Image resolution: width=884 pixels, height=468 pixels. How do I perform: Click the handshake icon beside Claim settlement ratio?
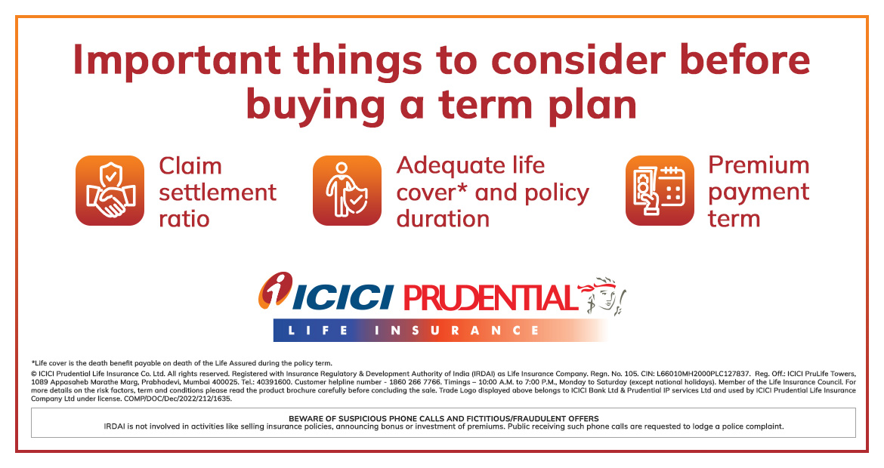(110, 190)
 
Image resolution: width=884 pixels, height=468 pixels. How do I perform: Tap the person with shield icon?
(348, 190)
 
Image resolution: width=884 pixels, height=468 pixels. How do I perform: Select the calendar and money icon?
(660, 190)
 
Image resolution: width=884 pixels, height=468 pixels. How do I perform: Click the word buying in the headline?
(316, 106)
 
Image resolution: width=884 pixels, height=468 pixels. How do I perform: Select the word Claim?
(190, 166)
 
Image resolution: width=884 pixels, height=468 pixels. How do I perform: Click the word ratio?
(184, 219)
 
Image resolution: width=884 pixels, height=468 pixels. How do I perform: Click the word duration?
(443, 218)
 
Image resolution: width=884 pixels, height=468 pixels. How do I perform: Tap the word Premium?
(759, 165)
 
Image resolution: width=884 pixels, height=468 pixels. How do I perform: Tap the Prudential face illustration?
(603, 295)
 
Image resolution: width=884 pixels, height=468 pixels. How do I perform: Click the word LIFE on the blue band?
(318, 331)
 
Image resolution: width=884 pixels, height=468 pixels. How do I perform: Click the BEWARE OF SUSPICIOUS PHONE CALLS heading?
(444, 418)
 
